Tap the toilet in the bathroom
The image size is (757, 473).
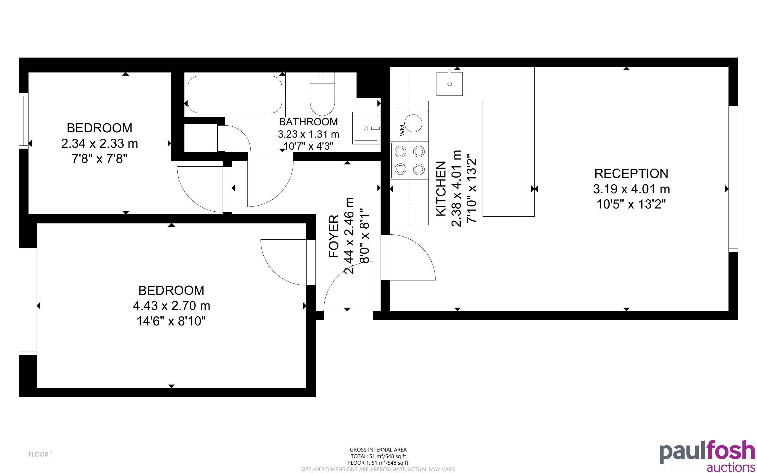click(x=322, y=94)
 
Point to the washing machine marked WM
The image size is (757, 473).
click(x=413, y=123)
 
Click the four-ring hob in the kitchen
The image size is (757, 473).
click(x=409, y=160)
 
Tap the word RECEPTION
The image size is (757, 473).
click(x=631, y=173)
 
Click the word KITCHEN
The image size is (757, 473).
click(x=441, y=189)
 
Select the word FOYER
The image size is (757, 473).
click(x=334, y=236)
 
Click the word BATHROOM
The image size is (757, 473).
click(x=308, y=122)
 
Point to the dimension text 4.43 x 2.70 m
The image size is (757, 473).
click(x=171, y=306)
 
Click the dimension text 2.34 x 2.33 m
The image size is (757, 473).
click(x=99, y=144)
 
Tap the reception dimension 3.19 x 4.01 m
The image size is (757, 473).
click(x=631, y=189)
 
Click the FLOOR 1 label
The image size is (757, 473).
click(x=41, y=454)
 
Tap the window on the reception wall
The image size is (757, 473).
click(x=733, y=179)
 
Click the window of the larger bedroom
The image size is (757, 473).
click(x=28, y=301)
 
